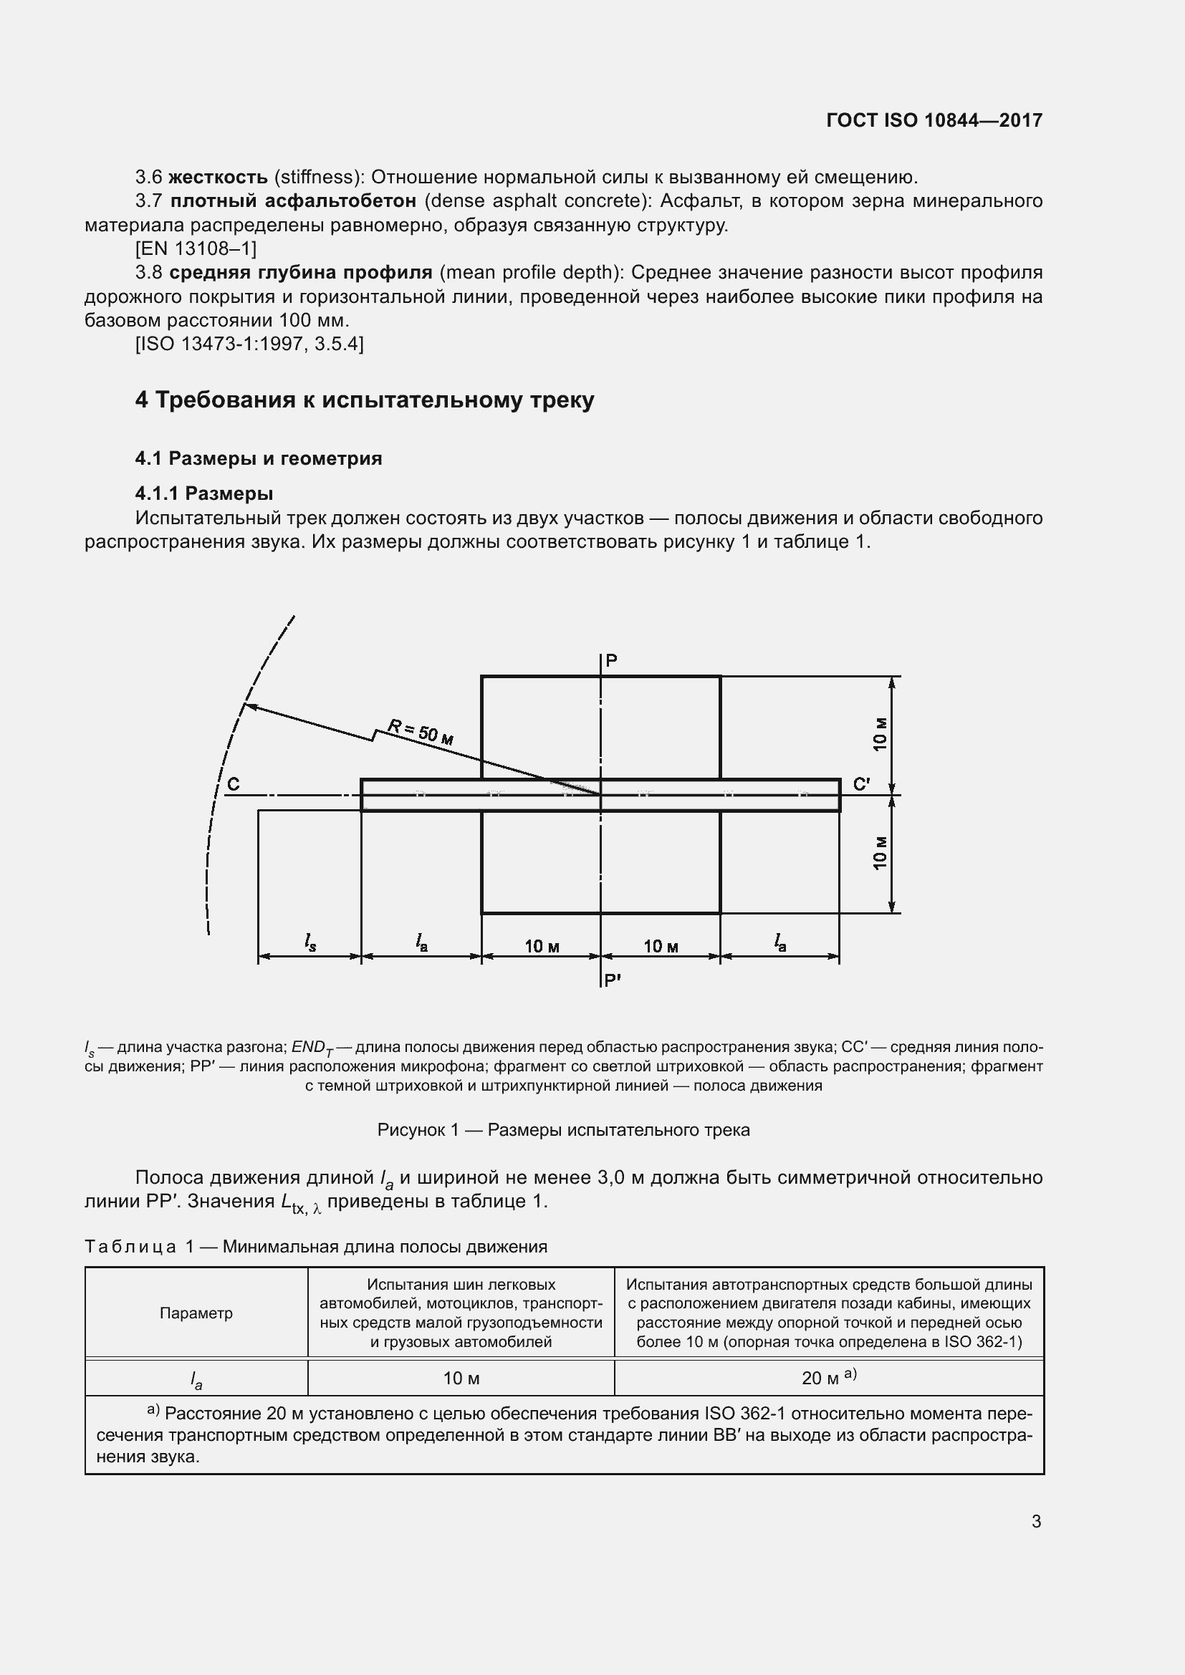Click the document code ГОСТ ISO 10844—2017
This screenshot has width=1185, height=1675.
[934, 120]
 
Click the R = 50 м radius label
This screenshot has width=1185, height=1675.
[421, 731]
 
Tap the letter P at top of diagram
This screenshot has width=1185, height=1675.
[611, 661]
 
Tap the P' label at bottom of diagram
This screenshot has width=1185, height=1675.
[612, 981]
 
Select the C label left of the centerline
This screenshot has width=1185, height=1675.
[234, 784]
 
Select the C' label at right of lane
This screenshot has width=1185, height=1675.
[861, 784]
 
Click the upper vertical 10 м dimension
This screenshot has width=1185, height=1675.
[881, 734]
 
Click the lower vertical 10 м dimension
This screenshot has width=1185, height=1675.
[881, 852]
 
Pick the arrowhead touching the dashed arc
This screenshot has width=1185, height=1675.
[248, 705]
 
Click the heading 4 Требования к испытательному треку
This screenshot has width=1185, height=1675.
[364, 400]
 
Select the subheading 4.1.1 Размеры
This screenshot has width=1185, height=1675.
[203, 494]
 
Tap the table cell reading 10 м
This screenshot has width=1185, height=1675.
[461, 1378]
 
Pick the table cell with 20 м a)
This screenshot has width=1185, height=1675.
[829, 1377]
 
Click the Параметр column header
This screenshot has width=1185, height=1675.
[196, 1313]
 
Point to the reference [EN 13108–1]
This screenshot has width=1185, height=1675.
[196, 248]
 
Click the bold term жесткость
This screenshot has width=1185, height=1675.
[219, 178]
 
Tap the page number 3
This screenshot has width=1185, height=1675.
[1036, 1521]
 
